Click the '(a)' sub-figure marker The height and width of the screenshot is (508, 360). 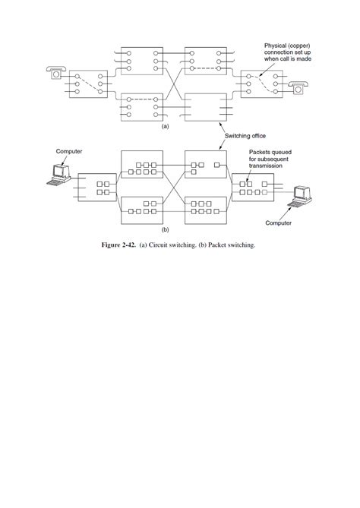pos(166,128)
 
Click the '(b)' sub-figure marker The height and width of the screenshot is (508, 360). pos(166,228)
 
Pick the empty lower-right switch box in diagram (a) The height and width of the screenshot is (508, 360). pos(205,107)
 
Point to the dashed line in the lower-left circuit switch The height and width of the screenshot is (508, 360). pos(141,99)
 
